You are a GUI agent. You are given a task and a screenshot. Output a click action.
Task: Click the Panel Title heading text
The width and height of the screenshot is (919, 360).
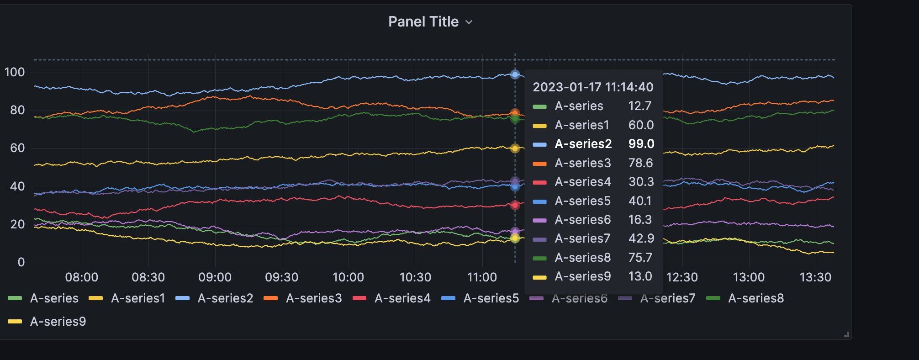(x=423, y=21)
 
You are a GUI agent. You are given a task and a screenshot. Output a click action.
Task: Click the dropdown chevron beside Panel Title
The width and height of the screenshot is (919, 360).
(x=469, y=22)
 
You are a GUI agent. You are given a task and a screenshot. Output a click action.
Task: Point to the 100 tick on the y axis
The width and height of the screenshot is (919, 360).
(x=15, y=72)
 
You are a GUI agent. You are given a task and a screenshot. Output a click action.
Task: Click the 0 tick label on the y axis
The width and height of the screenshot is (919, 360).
(x=21, y=262)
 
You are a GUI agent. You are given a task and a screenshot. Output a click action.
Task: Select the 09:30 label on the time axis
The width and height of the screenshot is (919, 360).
(x=281, y=277)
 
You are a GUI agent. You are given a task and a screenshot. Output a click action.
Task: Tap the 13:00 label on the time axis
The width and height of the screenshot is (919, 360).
(x=749, y=277)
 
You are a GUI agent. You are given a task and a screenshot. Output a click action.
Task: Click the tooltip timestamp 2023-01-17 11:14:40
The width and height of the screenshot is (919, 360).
(x=593, y=87)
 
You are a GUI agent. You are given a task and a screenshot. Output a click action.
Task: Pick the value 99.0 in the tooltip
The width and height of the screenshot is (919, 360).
(x=641, y=144)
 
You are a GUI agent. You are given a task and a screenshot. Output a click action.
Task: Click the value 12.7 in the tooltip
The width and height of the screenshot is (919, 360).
(x=639, y=106)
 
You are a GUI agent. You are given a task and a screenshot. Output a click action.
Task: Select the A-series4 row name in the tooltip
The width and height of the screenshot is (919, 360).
(x=582, y=182)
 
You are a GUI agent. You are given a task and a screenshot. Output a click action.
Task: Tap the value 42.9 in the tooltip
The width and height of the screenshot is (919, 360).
(x=641, y=238)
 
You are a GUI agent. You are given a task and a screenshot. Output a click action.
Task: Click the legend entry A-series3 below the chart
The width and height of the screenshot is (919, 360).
(x=313, y=298)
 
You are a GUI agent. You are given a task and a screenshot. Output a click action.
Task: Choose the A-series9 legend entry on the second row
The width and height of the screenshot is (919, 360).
(x=58, y=322)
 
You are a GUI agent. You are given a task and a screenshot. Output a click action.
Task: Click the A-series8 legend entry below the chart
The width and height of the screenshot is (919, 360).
(x=755, y=298)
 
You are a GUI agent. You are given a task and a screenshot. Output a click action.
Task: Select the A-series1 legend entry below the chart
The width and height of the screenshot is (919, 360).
(x=137, y=298)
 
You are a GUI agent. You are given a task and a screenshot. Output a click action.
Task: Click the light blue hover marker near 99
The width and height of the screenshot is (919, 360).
(x=515, y=74)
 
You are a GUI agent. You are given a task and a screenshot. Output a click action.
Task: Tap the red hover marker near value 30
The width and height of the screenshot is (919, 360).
(x=515, y=205)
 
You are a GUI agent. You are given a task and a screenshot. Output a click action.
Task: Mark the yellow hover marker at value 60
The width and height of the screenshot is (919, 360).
(x=515, y=148)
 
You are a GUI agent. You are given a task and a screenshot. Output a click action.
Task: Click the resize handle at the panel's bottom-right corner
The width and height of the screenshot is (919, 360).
(x=846, y=334)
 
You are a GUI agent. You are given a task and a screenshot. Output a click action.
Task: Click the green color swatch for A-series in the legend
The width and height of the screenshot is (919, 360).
(x=15, y=298)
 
